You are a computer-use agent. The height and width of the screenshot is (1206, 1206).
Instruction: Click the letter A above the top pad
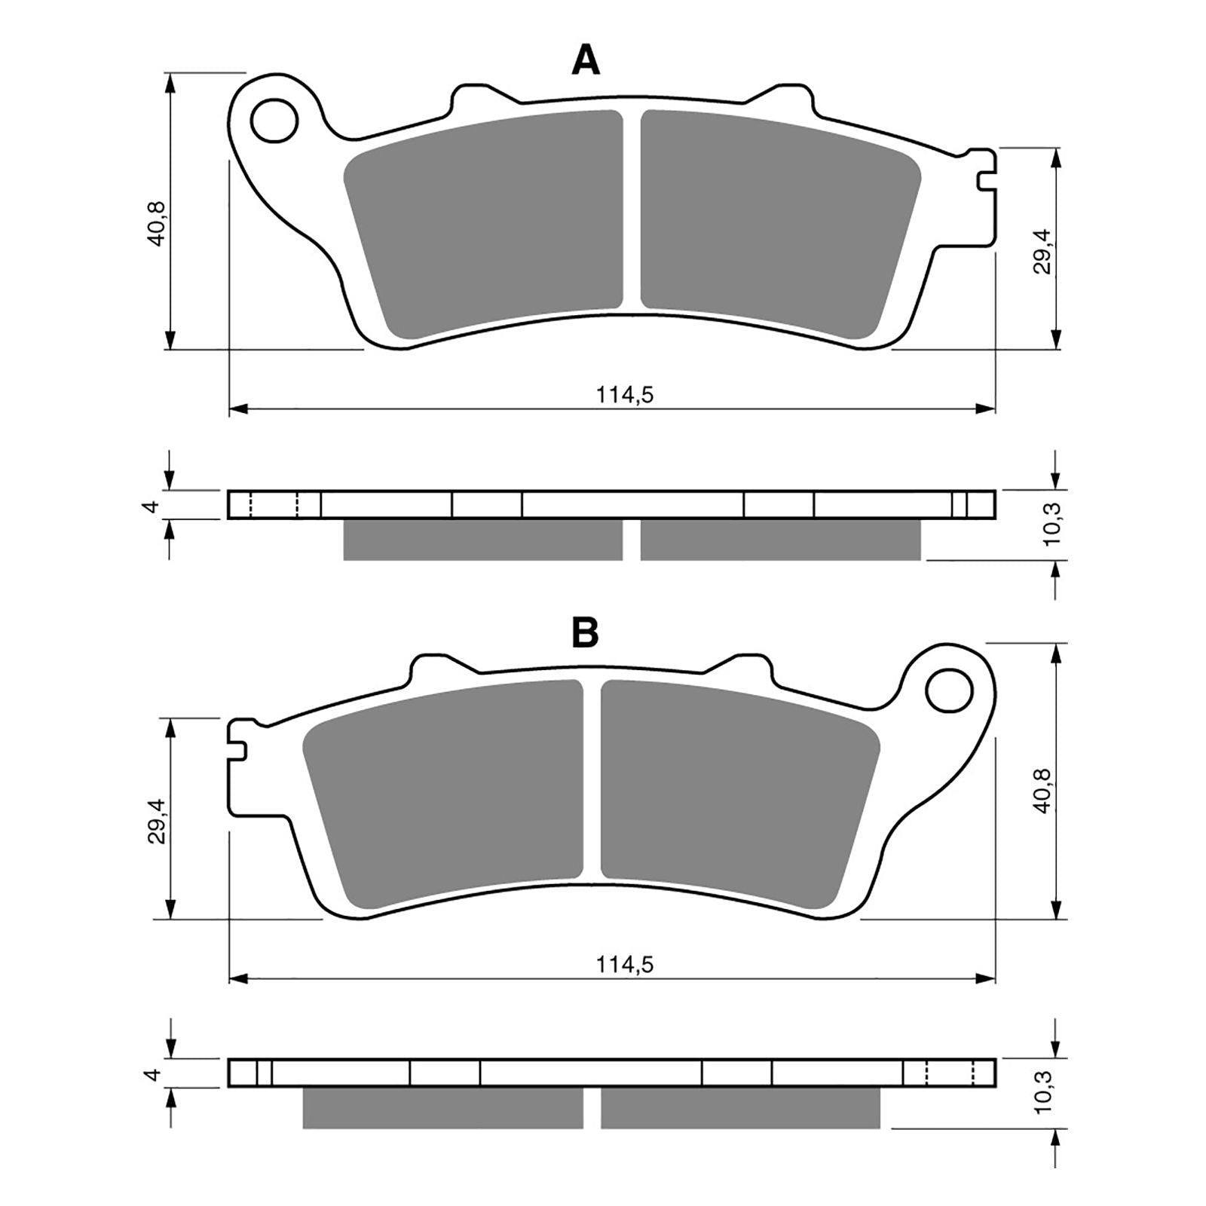[x=586, y=60]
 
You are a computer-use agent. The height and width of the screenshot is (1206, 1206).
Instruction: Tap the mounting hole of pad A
[x=274, y=121]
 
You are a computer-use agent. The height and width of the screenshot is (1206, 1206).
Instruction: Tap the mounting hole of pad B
[x=949, y=690]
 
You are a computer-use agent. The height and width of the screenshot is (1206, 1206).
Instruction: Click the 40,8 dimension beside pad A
[x=156, y=223]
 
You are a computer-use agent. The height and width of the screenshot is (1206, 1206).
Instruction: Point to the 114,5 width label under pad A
[x=624, y=394]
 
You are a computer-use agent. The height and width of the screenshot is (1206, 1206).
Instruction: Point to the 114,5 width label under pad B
[x=624, y=964]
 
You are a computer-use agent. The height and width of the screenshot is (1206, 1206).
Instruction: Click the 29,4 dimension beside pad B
[x=156, y=822]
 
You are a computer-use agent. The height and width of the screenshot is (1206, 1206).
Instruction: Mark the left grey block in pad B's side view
[x=442, y=1107]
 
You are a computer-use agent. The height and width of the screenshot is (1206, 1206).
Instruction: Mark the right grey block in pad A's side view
[x=780, y=540]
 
